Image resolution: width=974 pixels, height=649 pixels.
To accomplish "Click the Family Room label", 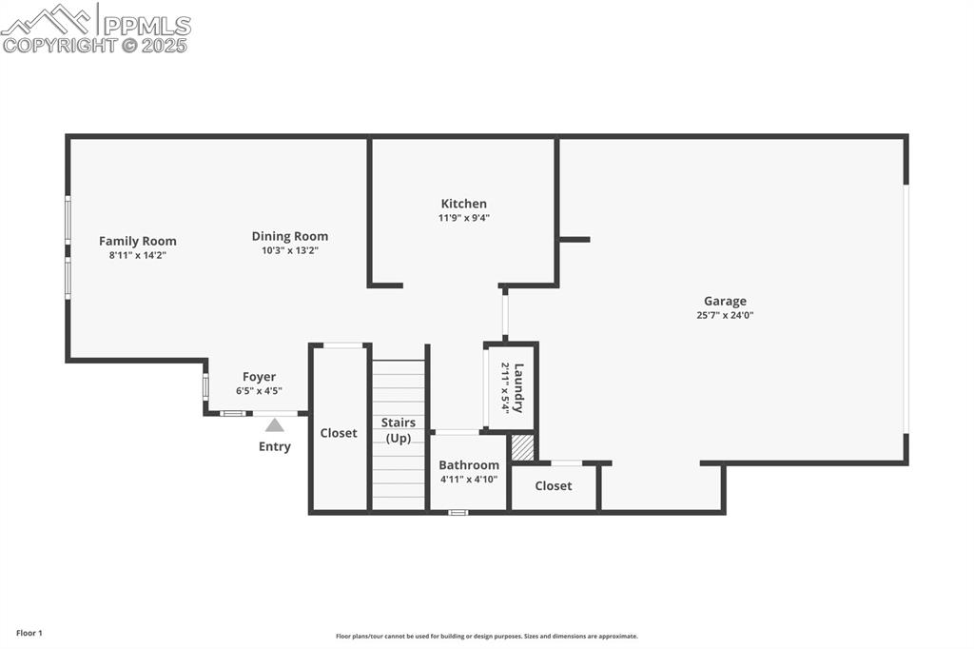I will [138, 241].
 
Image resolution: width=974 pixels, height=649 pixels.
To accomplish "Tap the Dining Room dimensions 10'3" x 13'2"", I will [290, 250].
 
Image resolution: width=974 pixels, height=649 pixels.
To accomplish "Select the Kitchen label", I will [463, 204].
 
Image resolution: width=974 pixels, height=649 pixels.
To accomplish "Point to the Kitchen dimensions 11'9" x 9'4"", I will [463, 218].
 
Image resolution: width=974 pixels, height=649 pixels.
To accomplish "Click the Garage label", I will [725, 302].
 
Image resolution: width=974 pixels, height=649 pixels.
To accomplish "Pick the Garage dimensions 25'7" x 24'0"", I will [725, 316].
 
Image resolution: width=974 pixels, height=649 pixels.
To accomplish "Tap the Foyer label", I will [259, 377].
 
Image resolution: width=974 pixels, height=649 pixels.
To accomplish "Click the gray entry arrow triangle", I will [275, 425].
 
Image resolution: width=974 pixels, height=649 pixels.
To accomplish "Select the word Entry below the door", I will [275, 446].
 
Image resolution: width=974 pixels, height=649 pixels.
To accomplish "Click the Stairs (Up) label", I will [399, 430].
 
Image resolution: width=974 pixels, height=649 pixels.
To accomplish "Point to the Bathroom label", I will [469, 465].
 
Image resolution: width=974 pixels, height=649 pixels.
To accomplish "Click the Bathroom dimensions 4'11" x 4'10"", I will [469, 480].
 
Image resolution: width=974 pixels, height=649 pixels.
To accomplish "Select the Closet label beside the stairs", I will [339, 433].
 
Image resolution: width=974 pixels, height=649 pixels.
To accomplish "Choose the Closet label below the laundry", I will [554, 485].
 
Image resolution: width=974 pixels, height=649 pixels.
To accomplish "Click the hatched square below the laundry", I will [523, 448].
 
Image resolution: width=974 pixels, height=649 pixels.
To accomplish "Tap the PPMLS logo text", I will [146, 26].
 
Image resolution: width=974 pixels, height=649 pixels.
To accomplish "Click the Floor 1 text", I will [29, 633].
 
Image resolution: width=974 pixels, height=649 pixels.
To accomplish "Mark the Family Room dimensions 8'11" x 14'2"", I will [138, 255].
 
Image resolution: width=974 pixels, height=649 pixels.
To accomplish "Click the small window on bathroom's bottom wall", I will [458, 513].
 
